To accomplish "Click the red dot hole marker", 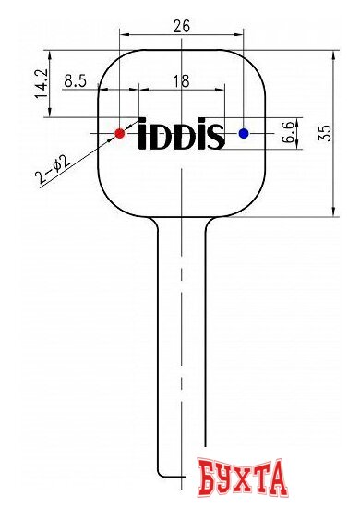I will pyautogui.click(x=119, y=133).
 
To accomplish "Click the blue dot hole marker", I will pyautogui.click(x=244, y=133).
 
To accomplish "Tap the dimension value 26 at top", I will pyautogui.click(x=181, y=27).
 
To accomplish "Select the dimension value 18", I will pyautogui.click(x=181, y=81).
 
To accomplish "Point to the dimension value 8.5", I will pyautogui.click(x=76, y=81).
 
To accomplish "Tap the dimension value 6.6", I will pyautogui.click(x=288, y=132).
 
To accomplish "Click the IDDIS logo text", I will pyautogui.click(x=181, y=137).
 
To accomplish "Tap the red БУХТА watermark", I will pyautogui.click(x=243, y=480).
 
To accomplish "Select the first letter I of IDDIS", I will pyautogui.click(x=143, y=137).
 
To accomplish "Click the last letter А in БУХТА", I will pyautogui.click(x=278, y=480).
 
